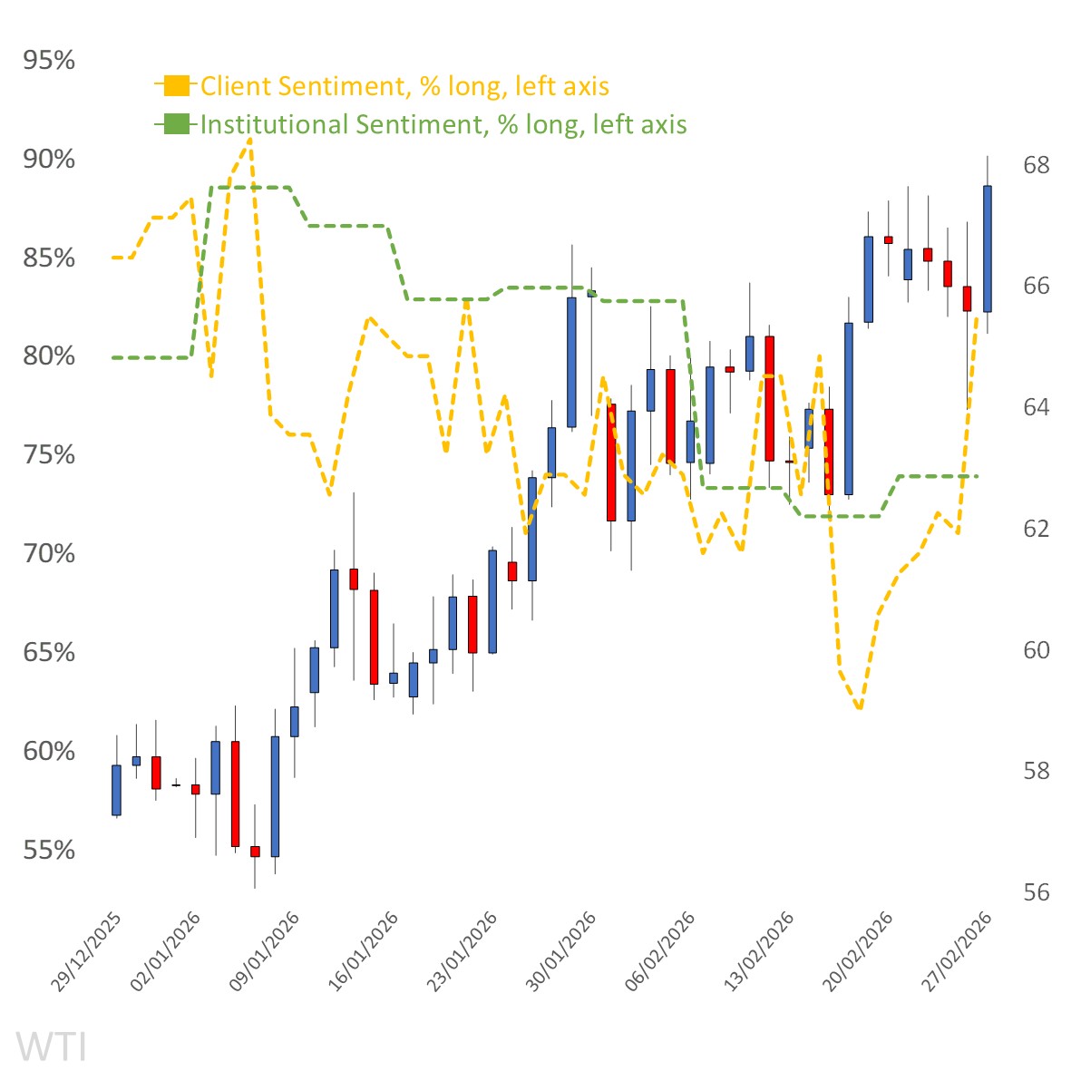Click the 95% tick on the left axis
click(x=49, y=61)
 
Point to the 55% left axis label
click(x=49, y=851)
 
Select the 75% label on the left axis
click(x=49, y=455)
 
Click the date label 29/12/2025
click(x=86, y=952)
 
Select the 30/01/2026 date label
click(x=562, y=952)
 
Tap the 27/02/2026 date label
click(x=959, y=952)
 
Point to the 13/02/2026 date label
click(x=760, y=952)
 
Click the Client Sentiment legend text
click(x=404, y=86)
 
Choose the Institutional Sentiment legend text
click(x=443, y=124)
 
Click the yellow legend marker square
click(x=177, y=86)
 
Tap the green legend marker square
click(x=177, y=124)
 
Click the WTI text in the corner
click(x=52, y=1047)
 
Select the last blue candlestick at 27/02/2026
click(x=987, y=248)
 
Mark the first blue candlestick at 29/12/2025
click(x=116, y=790)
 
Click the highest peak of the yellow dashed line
click(x=250, y=141)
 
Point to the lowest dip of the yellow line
click(x=859, y=708)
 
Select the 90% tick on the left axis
click(x=49, y=160)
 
